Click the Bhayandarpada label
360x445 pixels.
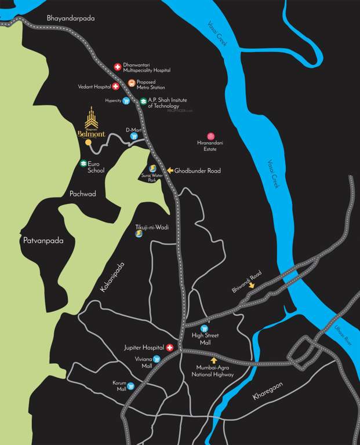pos(71,19)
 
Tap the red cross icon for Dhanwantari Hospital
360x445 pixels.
pos(117,67)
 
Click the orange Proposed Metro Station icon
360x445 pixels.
pos(132,83)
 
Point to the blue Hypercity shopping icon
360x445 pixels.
pos(126,101)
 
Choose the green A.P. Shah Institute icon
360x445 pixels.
pos(143,101)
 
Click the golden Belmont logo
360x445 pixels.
pos(90,122)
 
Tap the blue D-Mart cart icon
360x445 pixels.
pos(134,137)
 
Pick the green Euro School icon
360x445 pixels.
pos(83,164)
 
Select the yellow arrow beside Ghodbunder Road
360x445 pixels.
pos(170,170)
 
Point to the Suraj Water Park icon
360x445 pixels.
pos(153,167)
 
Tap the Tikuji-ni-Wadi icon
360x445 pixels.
pos(139,235)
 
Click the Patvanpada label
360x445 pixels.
pos(42,239)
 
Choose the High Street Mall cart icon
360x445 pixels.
pos(204,328)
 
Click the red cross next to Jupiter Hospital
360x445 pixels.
pos(170,348)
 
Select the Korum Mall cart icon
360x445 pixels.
pos(131,385)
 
